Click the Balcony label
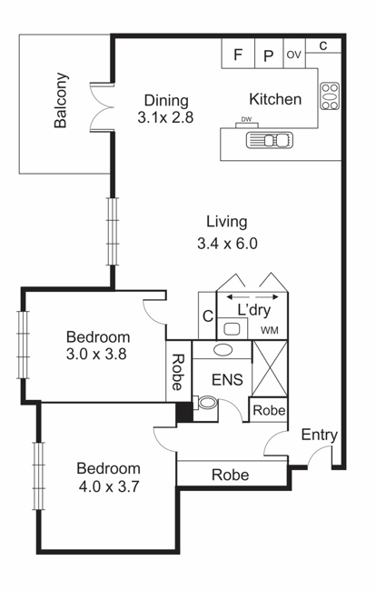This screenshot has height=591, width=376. (61, 100)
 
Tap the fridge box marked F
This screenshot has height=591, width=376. (238, 53)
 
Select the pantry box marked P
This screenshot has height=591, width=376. (269, 53)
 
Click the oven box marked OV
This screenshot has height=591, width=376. (294, 53)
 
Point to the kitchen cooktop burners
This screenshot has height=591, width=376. (330, 96)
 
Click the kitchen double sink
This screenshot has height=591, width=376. (270, 140)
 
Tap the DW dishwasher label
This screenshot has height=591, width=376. (246, 120)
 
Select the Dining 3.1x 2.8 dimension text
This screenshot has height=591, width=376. (165, 109)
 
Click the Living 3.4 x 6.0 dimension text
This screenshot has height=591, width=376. (227, 232)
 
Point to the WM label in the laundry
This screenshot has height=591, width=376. (270, 331)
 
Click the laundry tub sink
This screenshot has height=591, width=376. (233, 328)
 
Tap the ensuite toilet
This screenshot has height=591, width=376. (205, 403)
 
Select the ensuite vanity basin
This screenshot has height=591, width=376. (223, 349)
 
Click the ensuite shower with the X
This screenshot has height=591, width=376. (270, 368)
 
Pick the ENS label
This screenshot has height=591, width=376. (227, 379)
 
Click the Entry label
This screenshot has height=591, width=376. (319, 436)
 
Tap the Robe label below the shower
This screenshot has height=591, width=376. (269, 410)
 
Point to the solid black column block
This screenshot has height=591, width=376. (184, 412)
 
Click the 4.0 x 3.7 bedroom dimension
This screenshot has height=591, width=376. (109, 486)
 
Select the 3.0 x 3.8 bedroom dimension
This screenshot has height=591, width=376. (96, 355)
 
